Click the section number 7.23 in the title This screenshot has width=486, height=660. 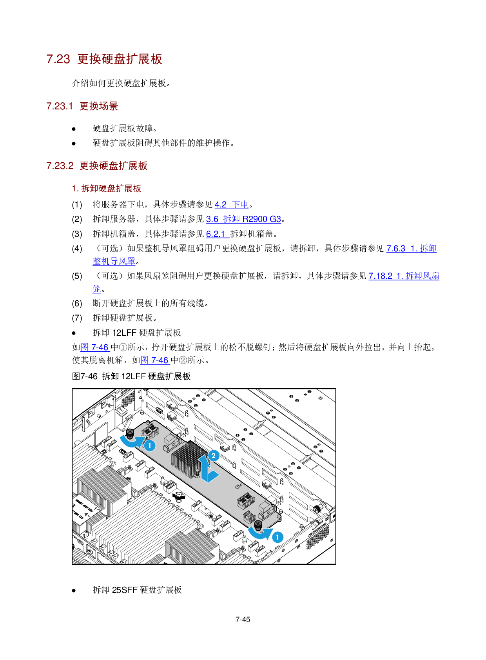pyautogui.click(x=58, y=59)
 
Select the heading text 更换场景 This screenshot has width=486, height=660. pyautogui.click(x=99, y=106)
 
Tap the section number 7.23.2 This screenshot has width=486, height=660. pyautogui.click(x=60, y=166)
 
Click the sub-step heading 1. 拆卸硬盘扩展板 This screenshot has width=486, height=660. pyautogui.click(x=107, y=189)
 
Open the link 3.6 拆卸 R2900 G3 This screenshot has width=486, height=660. pyautogui.click(x=243, y=219)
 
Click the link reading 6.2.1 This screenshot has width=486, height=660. pyautogui.click(x=218, y=234)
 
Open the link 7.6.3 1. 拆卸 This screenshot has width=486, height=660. pyautogui.click(x=411, y=249)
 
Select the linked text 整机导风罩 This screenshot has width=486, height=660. pyautogui.click(x=114, y=261)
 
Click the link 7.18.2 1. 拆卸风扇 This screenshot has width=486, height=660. pyautogui.click(x=404, y=276)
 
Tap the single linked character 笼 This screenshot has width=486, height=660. pyautogui.click(x=97, y=289)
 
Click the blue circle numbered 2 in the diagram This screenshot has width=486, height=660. pyautogui.click(x=214, y=456)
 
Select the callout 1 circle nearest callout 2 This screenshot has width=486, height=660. pyautogui.click(x=149, y=445)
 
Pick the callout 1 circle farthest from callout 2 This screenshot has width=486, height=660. pyautogui.click(x=277, y=537)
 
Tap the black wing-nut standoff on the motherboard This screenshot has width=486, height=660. pyautogui.click(x=179, y=496)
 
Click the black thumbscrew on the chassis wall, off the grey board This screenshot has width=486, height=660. pyautogui.click(x=316, y=509)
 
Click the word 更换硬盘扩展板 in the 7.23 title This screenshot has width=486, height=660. pyautogui.click(x=120, y=59)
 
